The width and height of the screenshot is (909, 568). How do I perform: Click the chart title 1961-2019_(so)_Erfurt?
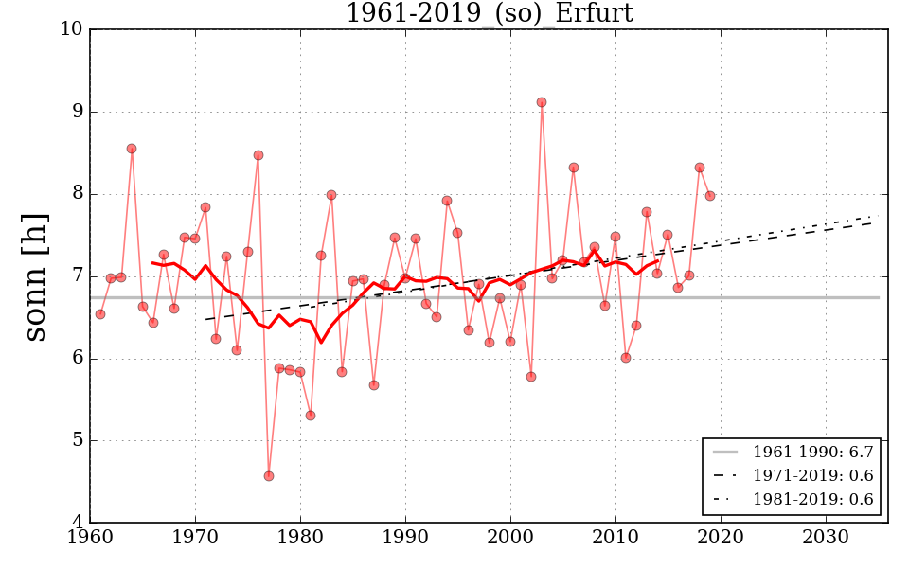click(x=489, y=13)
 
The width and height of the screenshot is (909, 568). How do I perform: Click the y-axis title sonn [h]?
click(x=35, y=275)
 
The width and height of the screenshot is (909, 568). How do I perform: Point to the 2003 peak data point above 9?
click(x=542, y=102)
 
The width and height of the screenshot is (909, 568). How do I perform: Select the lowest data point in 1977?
click(x=269, y=476)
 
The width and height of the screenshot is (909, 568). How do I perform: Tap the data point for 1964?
click(x=132, y=149)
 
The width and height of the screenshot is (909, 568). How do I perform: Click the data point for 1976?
click(x=258, y=155)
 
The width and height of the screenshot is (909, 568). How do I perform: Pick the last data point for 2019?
click(x=710, y=196)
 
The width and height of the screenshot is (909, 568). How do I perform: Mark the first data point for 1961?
click(x=100, y=314)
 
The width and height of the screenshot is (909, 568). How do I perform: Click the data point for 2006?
click(x=574, y=168)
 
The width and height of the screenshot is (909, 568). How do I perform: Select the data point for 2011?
click(x=626, y=358)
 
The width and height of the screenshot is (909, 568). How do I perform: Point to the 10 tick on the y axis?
click(x=72, y=29)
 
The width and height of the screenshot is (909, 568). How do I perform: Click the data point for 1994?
click(x=447, y=201)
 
